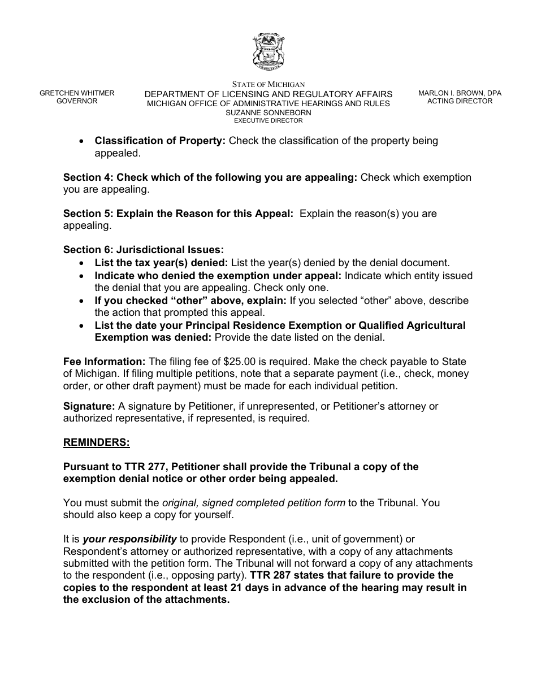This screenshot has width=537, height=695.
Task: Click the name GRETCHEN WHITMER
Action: tap(77, 93)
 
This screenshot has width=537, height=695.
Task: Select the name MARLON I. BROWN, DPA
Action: tap(460, 93)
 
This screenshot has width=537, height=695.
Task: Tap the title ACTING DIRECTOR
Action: tap(460, 101)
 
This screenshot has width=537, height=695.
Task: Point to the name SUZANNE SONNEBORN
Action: tap(268, 112)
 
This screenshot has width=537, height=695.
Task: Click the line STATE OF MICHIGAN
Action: tap(268, 85)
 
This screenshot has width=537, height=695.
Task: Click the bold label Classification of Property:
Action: tap(160, 141)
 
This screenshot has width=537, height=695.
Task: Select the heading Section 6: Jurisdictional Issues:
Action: tap(144, 250)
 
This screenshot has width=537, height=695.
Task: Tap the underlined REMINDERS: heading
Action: tap(97, 443)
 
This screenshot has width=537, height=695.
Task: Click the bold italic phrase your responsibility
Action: tap(129, 539)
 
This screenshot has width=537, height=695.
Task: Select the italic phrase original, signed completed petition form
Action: tap(253, 502)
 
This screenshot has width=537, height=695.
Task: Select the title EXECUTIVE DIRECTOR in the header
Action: tap(268, 120)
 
